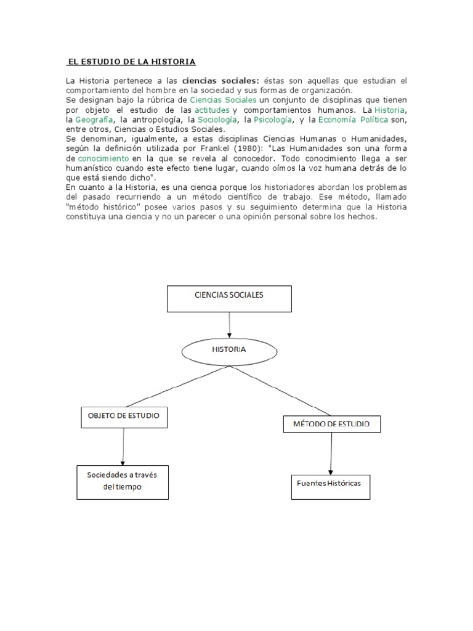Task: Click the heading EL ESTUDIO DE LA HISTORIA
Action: tap(131, 62)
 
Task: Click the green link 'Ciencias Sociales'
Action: tap(224, 100)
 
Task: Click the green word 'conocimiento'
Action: tap(103, 158)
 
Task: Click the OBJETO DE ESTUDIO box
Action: tap(124, 417)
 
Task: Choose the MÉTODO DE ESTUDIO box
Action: tap(331, 424)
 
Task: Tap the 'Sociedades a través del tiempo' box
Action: tap(123, 482)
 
